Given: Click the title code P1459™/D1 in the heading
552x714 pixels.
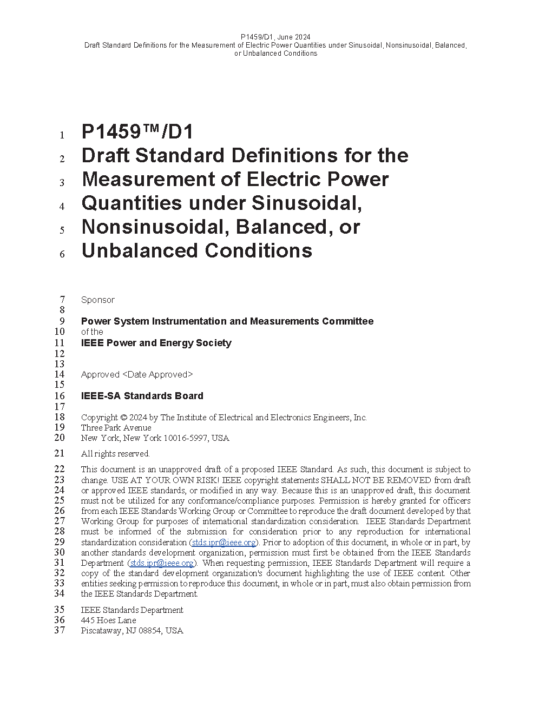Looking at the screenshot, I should click(x=137, y=132).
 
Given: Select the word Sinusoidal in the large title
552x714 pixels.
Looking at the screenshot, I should click(x=306, y=203).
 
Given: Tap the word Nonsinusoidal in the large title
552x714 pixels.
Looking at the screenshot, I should click(x=150, y=227).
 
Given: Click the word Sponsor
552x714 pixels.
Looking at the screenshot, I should click(x=98, y=300).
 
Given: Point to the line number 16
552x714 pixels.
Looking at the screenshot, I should click(x=60, y=396).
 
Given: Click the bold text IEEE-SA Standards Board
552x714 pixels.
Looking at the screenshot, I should click(x=142, y=396).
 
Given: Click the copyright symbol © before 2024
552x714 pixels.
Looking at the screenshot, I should click(x=123, y=418).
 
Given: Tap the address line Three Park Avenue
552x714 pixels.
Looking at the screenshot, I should click(x=116, y=428).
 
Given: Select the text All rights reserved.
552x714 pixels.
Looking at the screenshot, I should click(x=115, y=454).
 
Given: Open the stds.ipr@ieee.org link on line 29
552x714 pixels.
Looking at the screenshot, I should click(x=224, y=543).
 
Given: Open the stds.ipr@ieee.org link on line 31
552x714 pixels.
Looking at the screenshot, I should click(x=162, y=563).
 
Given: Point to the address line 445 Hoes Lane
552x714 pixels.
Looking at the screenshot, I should click(x=108, y=620).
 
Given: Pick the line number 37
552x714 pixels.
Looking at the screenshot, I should click(x=60, y=631).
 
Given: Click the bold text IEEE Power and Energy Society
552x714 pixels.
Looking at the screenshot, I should click(x=156, y=343).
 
